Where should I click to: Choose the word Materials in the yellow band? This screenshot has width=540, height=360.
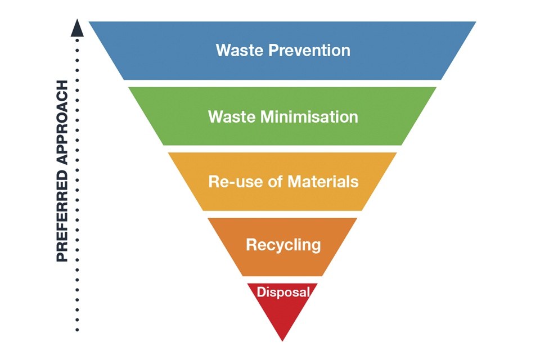pyautogui.click(x=323, y=182)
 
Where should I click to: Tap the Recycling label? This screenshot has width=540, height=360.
pyautogui.click(x=283, y=245)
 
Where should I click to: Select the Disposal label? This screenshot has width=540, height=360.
pyautogui.click(x=283, y=292)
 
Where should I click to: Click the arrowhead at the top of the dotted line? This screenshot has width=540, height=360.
pyautogui.click(x=78, y=28)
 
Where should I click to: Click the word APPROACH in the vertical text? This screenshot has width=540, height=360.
pyautogui.click(x=62, y=120)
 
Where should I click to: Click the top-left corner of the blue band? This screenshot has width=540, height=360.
pyautogui.click(x=89, y=22)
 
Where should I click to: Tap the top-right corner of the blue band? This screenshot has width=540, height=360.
pyautogui.click(x=476, y=22)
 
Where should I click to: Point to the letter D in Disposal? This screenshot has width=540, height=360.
pyautogui.click(x=260, y=292)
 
